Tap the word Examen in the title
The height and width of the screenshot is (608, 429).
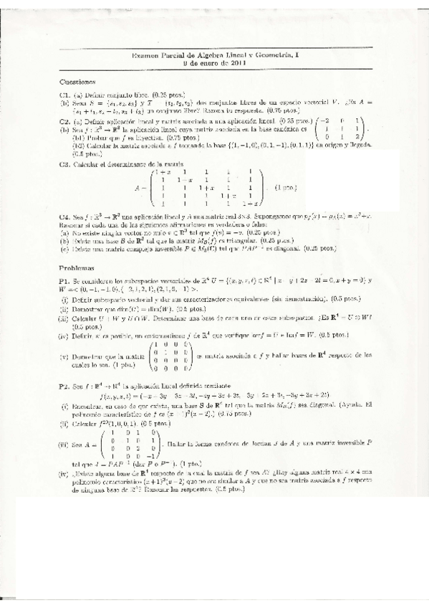pyautogui.click(x=145, y=56)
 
